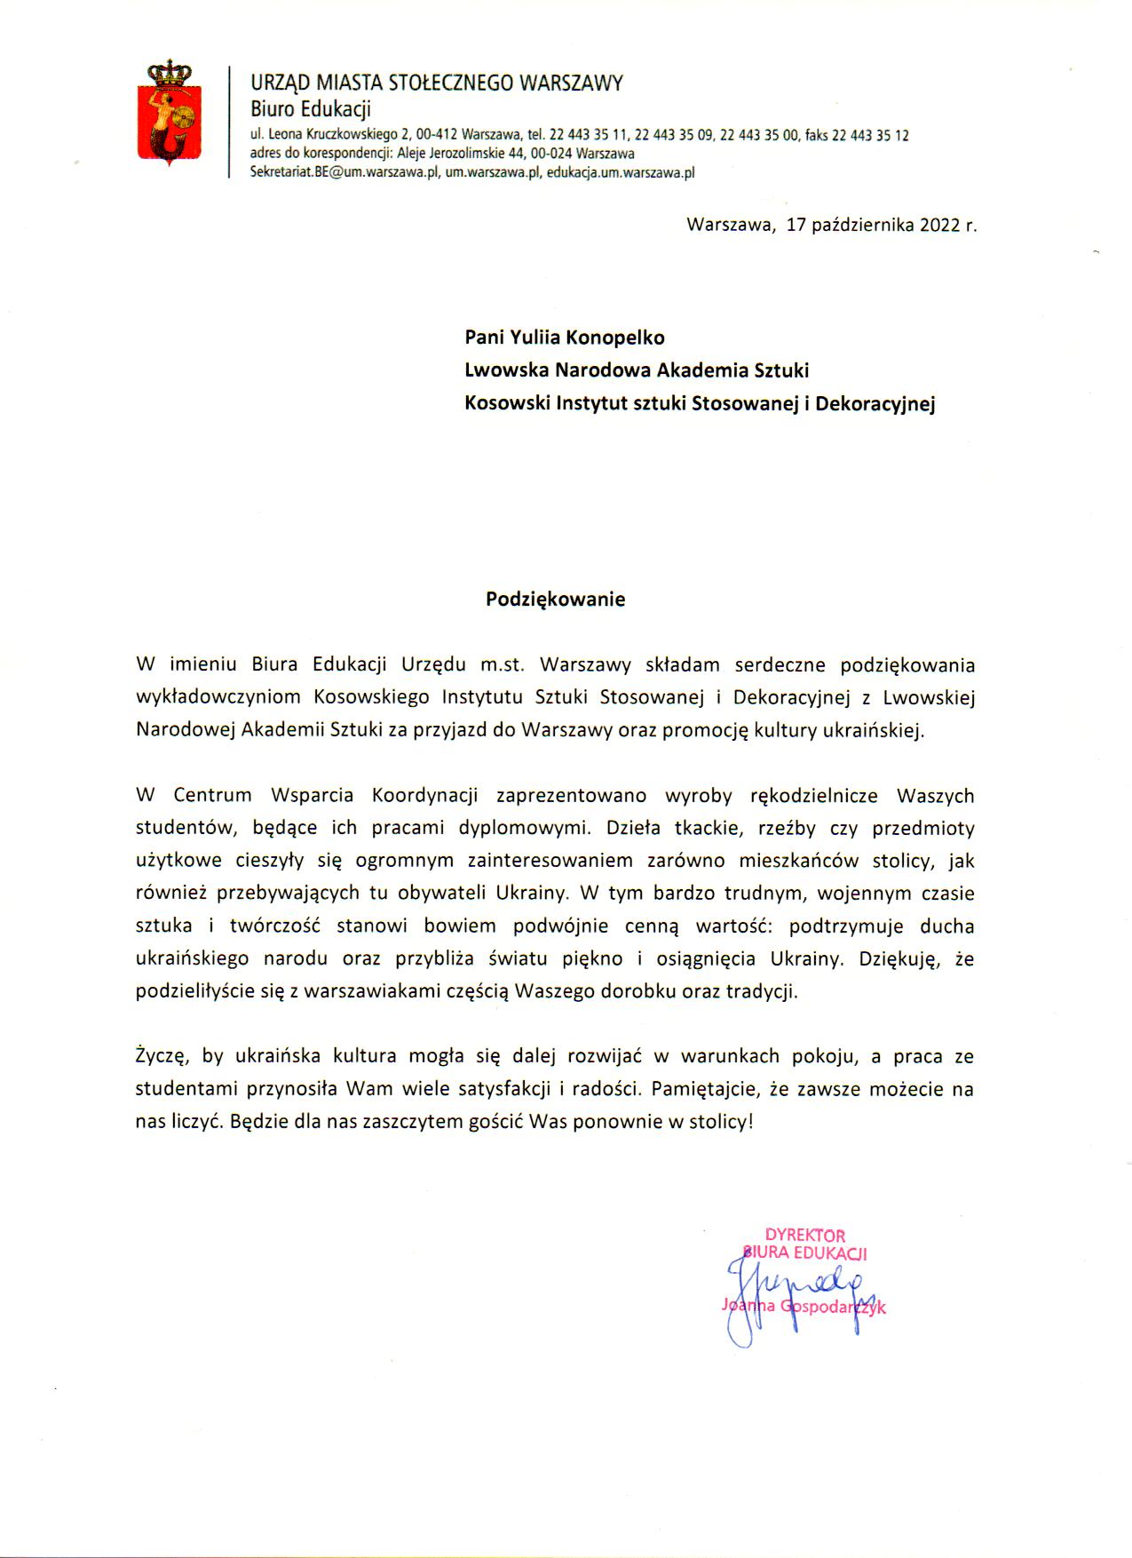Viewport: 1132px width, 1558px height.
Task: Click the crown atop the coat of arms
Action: pos(169,72)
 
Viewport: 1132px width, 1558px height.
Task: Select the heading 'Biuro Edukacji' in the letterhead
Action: pos(310,109)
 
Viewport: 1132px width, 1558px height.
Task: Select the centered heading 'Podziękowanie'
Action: pos(555,600)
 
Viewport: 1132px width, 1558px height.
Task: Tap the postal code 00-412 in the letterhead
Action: pos(436,136)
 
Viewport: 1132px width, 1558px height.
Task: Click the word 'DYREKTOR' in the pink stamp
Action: pos(804,1236)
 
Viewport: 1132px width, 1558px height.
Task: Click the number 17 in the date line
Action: pos(796,225)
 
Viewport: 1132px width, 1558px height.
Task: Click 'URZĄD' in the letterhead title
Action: pos(280,83)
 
